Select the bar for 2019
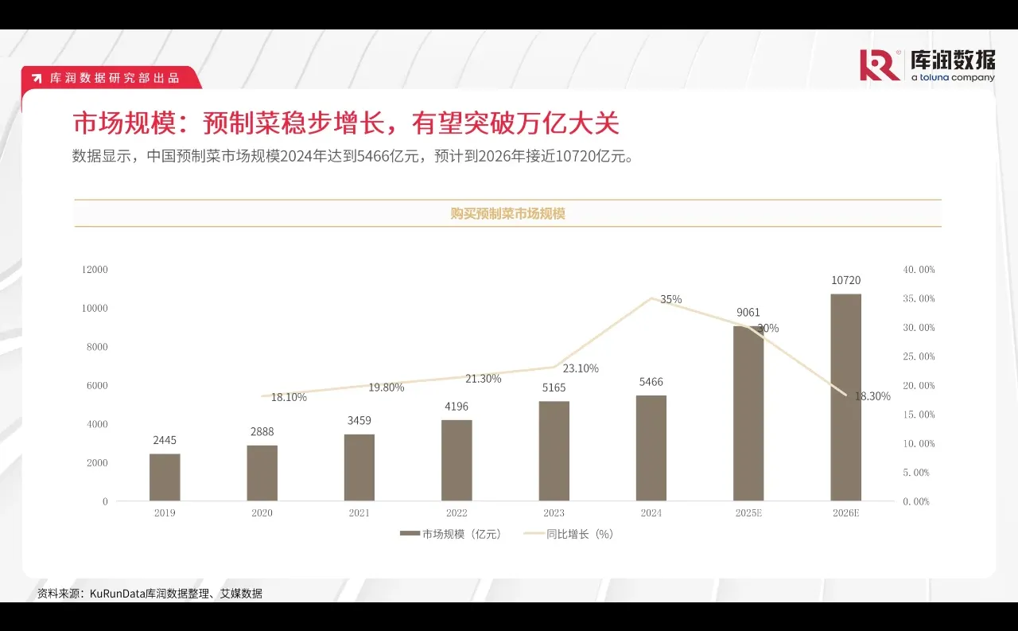[x=165, y=477]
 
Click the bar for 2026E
[x=845, y=398]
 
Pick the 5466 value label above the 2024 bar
[x=651, y=382]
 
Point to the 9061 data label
[x=748, y=313]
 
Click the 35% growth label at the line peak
[x=670, y=299]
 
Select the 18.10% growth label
[x=289, y=397]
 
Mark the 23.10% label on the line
[x=581, y=368]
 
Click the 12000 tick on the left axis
[x=95, y=270]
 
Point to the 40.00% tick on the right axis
[x=919, y=270]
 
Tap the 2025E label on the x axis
[x=748, y=513]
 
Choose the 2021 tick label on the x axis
[x=359, y=513]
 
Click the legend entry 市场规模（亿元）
[x=451, y=535]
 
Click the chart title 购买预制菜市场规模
[x=507, y=213]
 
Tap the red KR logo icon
[x=880, y=65]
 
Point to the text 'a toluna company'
[x=953, y=78]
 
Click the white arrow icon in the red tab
[x=37, y=78]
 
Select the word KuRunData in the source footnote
[x=117, y=594]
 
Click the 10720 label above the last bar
[x=845, y=280]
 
